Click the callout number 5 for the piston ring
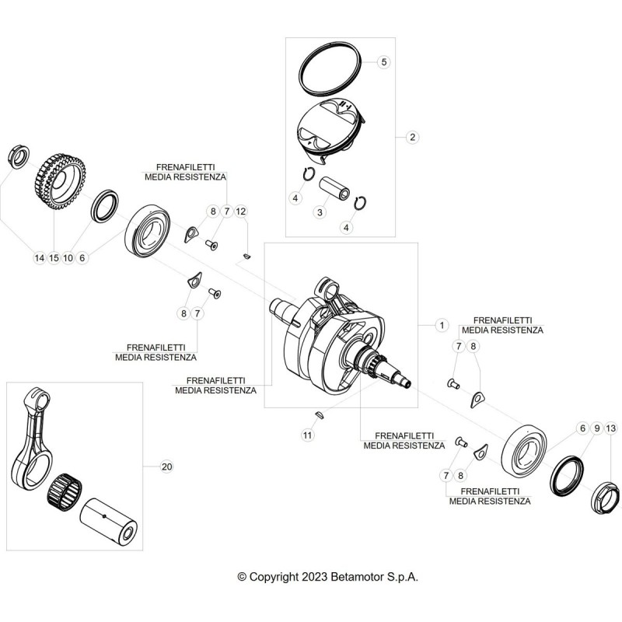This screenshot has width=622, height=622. click(x=383, y=62)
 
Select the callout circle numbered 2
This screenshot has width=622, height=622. click(x=413, y=138)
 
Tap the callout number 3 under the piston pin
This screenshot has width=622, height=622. click(x=320, y=212)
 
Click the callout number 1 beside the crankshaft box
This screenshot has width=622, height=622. click(x=442, y=325)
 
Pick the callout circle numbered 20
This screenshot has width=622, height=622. click(x=167, y=466)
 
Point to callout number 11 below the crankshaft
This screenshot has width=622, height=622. click(x=307, y=435)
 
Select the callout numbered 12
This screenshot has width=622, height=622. click(x=241, y=211)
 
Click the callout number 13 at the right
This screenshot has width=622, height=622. click(x=611, y=428)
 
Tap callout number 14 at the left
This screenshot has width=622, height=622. click(x=40, y=258)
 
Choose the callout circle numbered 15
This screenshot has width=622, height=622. click(x=54, y=258)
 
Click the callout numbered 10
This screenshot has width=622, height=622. click(x=68, y=258)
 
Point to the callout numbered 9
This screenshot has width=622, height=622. click(x=596, y=428)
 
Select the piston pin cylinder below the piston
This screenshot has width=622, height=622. click(x=335, y=188)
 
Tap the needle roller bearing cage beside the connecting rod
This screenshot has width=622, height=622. click(x=65, y=490)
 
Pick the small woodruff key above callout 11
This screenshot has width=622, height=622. click(x=320, y=415)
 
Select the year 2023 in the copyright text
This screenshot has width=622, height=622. click(x=315, y=577)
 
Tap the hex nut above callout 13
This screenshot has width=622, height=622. click(x=605, y=496)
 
